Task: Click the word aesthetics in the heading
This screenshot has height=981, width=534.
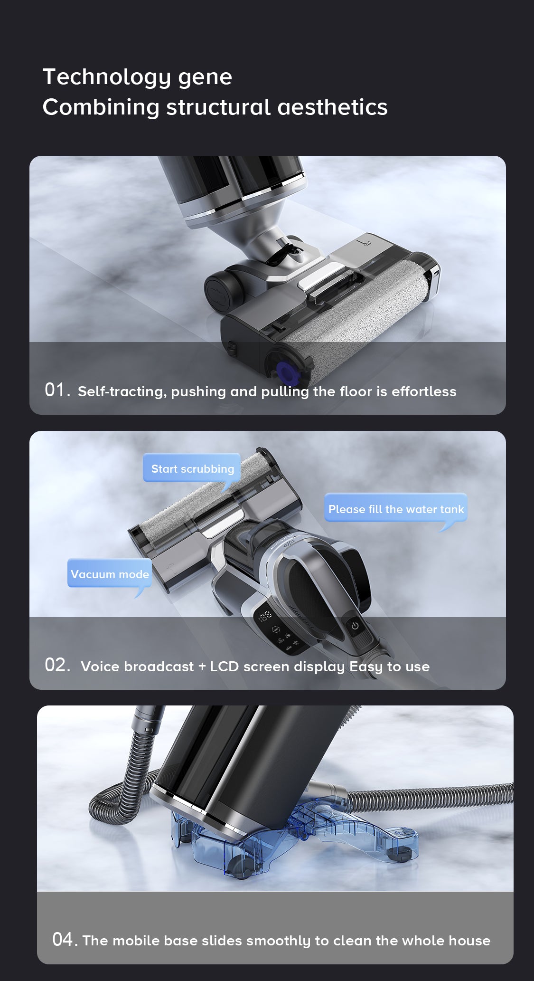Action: point(332,107)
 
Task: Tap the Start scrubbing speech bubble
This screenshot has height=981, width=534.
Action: point(192,469)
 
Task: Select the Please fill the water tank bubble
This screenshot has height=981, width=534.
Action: point(396,509)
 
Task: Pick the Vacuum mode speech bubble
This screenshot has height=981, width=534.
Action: point(110,574)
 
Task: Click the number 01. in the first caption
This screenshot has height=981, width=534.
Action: point(57,390)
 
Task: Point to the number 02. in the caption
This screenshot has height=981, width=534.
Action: point(57,665)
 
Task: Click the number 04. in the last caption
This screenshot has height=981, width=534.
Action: point(65,939)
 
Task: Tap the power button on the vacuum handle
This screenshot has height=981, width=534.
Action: point(355,626)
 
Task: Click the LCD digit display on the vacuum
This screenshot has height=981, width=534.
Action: point(265,616)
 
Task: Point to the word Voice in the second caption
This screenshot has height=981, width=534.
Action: point(100,667)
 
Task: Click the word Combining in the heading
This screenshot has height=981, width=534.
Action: point(101,108)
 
